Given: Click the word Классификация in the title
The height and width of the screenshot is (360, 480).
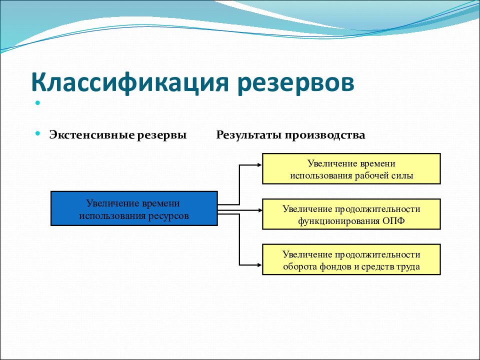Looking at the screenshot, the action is [x=130, y=82].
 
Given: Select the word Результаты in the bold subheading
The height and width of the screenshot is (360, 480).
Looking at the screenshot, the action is [x=249, y=134].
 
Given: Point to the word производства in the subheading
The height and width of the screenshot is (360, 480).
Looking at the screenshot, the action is [x=325, y=135].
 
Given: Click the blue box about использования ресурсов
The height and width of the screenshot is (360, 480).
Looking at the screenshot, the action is [x=134, y=208].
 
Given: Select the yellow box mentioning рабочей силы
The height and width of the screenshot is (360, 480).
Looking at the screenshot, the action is [x=351, y=168].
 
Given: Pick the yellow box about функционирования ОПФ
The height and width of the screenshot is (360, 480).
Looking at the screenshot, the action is [x=351, y=214].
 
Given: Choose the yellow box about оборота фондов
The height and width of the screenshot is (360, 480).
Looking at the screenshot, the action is [x=351, y=259].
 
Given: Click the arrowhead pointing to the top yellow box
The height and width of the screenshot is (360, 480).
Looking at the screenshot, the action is [x=260, y=165].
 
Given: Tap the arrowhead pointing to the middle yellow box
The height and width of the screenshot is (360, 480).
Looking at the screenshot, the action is [x=260, y=210].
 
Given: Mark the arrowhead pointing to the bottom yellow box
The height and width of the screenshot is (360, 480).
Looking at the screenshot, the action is [x=260, y=265].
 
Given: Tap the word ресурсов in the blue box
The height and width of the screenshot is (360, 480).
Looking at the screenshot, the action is [x=168, y=216].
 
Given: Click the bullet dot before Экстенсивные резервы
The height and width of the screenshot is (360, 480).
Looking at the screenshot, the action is [x=37, y=133].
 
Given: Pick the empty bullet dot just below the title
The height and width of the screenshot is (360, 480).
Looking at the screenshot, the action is [x=37, y=103].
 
